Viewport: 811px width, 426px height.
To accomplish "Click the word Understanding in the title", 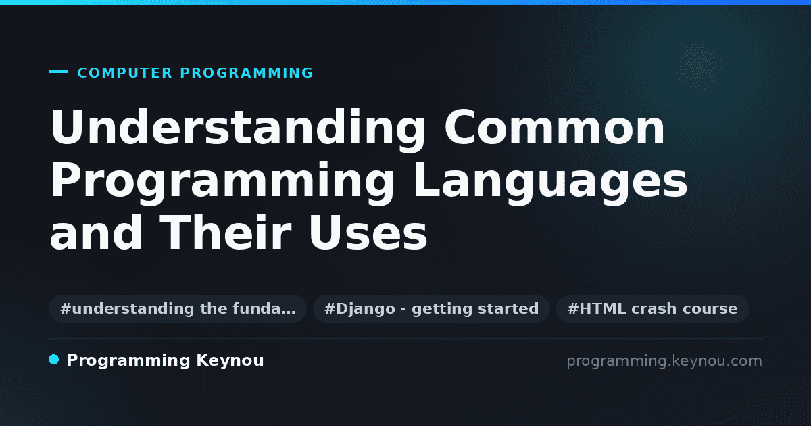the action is (x=238, y=130).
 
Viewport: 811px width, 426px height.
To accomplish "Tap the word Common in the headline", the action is (x=555, y=127).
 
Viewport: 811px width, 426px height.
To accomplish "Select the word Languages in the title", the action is (x=550, y=183).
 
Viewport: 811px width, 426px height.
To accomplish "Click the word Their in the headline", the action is (x=226, y=232).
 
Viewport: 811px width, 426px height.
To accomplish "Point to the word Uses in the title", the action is (x=368, y=232).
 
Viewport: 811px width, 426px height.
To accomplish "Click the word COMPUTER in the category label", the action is (x=125, y=73).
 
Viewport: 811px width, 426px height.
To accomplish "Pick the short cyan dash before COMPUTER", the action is (x=58, y=72).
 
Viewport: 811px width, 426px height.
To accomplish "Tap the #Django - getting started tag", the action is (x=431, y=308).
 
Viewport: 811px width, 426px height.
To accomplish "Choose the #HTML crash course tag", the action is (x=652, y=308).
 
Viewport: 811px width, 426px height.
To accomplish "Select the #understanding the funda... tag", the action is (x=178, y=308).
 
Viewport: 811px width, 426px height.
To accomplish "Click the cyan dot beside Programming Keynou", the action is (x=53, y=360).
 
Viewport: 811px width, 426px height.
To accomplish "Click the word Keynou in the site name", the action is (x=230, y=361).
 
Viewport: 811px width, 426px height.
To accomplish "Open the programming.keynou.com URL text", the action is (x=664, y=361).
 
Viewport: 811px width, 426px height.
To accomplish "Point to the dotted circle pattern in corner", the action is (x=698, y=67).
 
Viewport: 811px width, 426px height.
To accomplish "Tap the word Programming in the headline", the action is (x=222, y=183).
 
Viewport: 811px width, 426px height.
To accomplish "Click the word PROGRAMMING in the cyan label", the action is (x=246, y=73).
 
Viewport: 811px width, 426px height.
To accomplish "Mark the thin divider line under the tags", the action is (x=405, y=339).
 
